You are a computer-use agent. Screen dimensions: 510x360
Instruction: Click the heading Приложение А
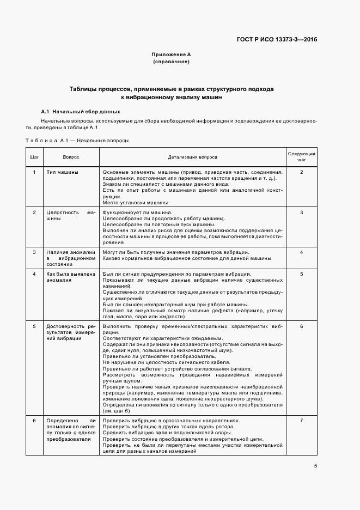click(x=171, y=55)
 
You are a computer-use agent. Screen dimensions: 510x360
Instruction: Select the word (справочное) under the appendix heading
click(x=171, y=62)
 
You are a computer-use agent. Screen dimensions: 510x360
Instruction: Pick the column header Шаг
click(x=34, y=157)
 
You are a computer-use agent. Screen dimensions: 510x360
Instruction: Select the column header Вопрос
click(x=71, y=157)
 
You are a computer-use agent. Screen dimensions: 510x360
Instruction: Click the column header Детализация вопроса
click(x=192, y=157)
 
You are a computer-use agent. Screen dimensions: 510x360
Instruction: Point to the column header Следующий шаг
click(x=301, y=157)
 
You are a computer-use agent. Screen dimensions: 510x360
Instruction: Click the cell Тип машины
click(x=62, y=172)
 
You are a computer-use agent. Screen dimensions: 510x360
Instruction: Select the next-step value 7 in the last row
click(x=301, y=421)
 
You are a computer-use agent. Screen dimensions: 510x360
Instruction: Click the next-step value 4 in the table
click(x=301, y=252)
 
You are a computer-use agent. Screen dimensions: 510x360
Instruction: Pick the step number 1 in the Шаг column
click(x=34, y=172)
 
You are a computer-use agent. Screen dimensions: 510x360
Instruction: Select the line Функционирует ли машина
click(x=137, y=212)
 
